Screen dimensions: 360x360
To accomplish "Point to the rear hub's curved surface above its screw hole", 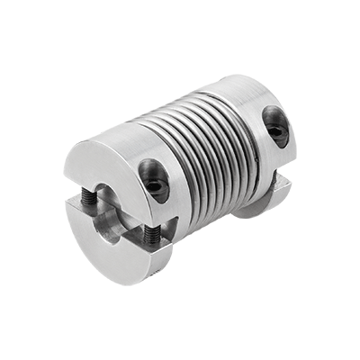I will click(270, 103).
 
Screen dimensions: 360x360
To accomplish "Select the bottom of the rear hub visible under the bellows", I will click(236, 209).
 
